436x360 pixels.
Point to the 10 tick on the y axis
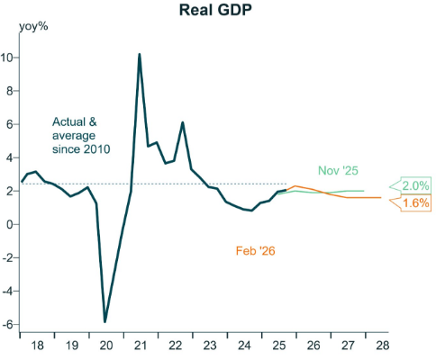pos(8,58)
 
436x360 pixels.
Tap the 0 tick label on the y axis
pos(11,225)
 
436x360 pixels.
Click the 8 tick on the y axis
pos(11,91)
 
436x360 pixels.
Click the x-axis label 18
pos(37,346)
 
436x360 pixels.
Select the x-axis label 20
pos(106,346)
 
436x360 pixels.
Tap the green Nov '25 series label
pos(338,169)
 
